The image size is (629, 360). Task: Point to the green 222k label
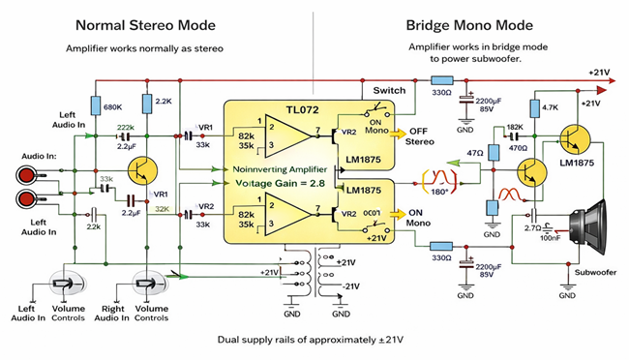pos(125,129)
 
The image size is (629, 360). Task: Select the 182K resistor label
pos(513,127)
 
